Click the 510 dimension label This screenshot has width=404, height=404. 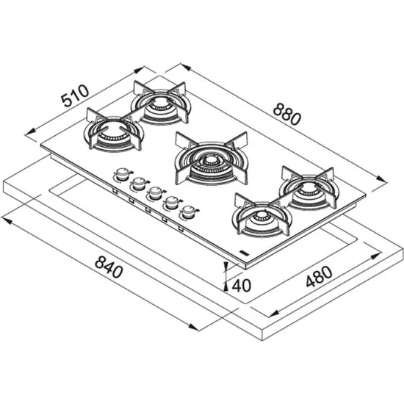click(x=75, y=96)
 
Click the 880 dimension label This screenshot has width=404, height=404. click(x=287, y=114)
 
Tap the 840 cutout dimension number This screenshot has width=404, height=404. click(x=107, y=269)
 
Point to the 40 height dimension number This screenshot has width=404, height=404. click(x=242, y=285)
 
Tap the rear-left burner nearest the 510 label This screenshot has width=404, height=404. click(x=160, y=107)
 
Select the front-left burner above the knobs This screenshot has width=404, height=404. click(x=112, y=134)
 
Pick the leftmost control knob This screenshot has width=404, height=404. click(x=120, y=176)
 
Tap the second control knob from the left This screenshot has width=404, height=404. click(x=137, y=184)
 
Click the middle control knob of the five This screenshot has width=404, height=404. click(x=154, y=194)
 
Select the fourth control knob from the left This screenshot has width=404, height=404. click(x=171, y=203)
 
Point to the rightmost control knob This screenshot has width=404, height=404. click(x=190, y=213)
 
